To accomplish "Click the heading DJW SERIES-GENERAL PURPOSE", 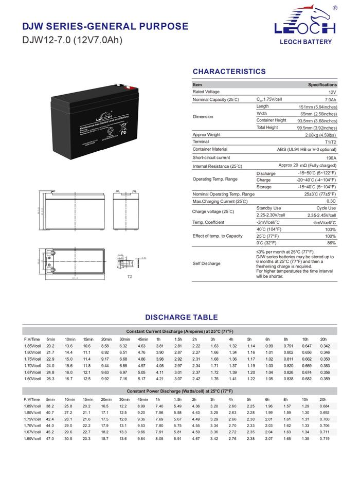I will click(x=105, y=26).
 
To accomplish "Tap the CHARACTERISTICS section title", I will click(x=229, y=72).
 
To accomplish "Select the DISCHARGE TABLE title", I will click(x=181, y=317).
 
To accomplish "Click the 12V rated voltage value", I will click(x=332, y=92).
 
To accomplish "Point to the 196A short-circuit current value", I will click(x=331, y=158).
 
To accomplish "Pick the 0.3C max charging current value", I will click(x=331, y=201).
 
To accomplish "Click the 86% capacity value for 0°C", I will click(x=331, y=243).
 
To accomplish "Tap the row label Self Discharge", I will click(x=207, y=263).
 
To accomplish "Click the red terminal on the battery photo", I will click(x=119, y=86).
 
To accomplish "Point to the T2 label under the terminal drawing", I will click(x=130, y=277).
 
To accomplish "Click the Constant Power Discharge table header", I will click(x=179, y=392).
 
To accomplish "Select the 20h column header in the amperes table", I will click(x=323, y=340).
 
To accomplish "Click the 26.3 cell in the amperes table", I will click(x=50, y=379).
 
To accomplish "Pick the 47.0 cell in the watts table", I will click(x=50, y=438).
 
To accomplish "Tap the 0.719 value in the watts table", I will click(x=325, y=438).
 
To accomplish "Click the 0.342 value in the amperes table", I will click(x=325, y=346).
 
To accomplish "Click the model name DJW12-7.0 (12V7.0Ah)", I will click(x=73, y=40).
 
